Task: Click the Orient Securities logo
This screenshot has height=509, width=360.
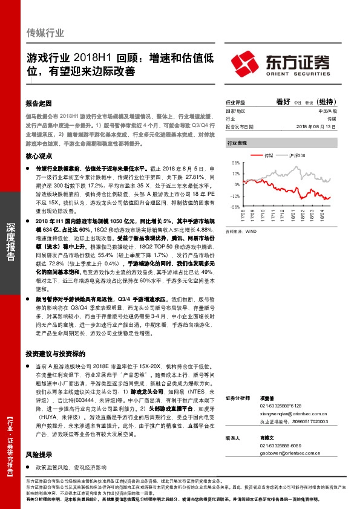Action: (281, 63)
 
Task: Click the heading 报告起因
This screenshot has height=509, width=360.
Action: (40, 103)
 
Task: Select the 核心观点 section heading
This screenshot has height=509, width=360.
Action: (40, 156)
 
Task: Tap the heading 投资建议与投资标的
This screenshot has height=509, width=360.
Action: (56, 353)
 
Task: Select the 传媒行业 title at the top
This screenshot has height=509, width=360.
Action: (45, 33)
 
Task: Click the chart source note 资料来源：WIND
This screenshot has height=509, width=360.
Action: (241, 231)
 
